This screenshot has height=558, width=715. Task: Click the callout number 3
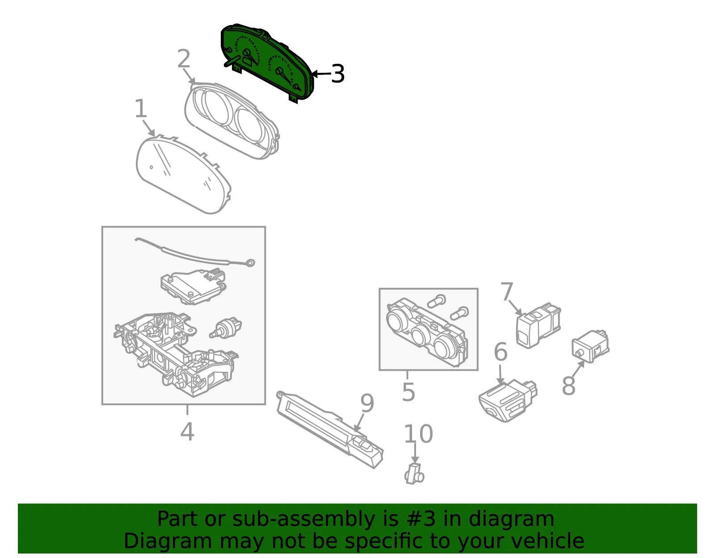pos(337,74)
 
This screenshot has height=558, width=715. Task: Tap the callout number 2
pos(184,59)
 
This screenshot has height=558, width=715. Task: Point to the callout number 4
pos(187,432)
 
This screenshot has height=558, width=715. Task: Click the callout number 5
pos(408,392)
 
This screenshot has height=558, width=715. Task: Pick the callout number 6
pos(500,352)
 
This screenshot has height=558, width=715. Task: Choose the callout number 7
pos(507,291)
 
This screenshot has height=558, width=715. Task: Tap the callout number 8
pos(568,386)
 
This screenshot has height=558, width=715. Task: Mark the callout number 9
pos(367,403)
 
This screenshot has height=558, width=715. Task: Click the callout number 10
pos(418,433)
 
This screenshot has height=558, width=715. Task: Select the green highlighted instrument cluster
pos(266,63)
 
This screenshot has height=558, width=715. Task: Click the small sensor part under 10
pos(414,474)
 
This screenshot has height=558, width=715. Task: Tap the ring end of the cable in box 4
pos(250,263)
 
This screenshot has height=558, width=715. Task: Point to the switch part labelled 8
pos(590,346)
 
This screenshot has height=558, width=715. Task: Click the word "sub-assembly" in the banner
pos(303,519)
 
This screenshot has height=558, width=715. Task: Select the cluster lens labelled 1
pos(184,174)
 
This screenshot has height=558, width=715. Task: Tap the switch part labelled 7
pos(538,325)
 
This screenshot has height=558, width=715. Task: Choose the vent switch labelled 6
pos(508,400)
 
